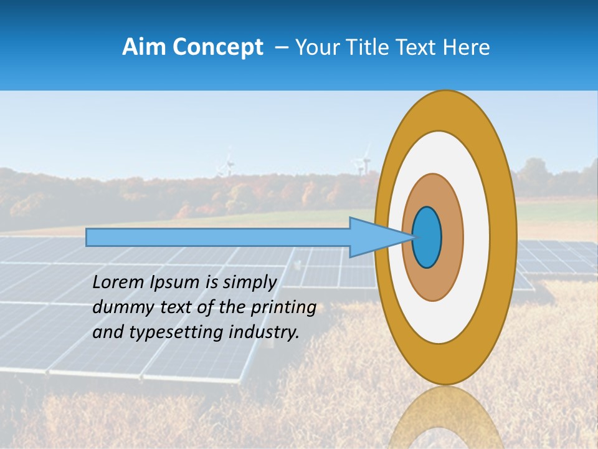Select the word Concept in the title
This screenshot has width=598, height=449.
pyautogui.click(x=216, y=47)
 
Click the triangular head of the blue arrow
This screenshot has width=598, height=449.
pyautogui.click(x=374, y=238)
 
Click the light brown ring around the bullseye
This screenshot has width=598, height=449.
pyautogui.click(x=452, y=238)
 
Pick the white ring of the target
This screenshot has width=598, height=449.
pyautogui.click(x=477, y=238)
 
